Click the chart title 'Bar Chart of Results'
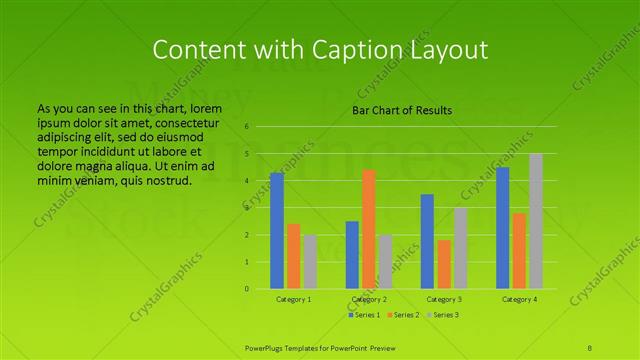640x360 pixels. click(x=401, y=110)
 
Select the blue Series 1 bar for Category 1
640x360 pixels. click(x=277, y=231)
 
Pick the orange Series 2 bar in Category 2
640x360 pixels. click(x=369, y=229)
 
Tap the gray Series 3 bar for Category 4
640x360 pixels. click(x=536, y=221)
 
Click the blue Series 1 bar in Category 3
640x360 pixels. click(x=427, y=241)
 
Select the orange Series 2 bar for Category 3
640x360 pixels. click(x=444, y=264)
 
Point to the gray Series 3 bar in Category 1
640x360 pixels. click(x=310, y=262)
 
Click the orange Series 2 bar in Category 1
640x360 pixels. click(x=294, y=256)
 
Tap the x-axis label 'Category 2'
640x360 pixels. click(x=369, y=299)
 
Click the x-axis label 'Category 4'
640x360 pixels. click(x=519, y=299)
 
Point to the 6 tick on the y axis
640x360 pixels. click(x=246, y=127)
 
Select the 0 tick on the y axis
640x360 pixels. click(x=246, y=289)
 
